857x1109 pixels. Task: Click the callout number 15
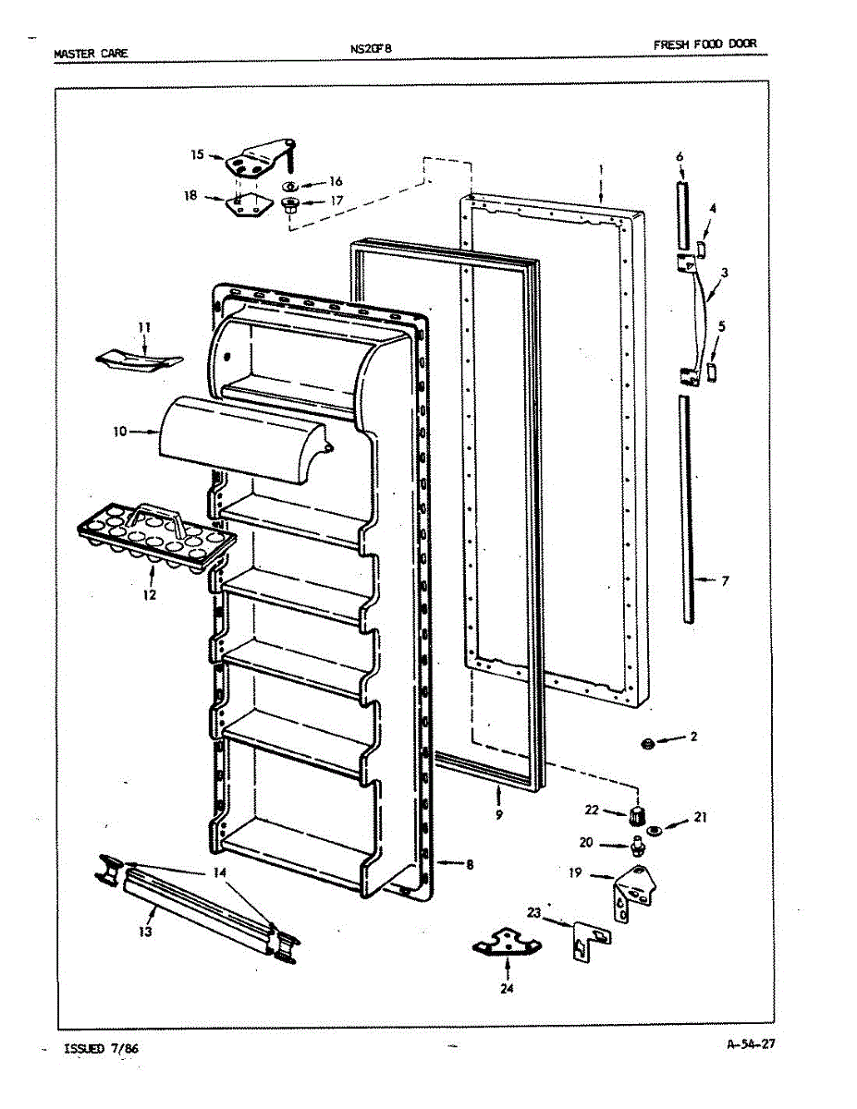(x=197, y=155)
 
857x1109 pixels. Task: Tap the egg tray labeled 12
(x=155, y=542)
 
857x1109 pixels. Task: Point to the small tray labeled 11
(x=137, y=360)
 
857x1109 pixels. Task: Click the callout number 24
(x=508, y=988)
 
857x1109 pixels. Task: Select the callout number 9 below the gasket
(x=499, y=816)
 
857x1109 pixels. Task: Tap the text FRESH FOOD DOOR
(x=709, y=45)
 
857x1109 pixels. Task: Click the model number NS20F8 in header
(x=372, y=51)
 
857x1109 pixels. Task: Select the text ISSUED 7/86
(x=102, y=1049)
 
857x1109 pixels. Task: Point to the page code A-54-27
(x=750, y=1045)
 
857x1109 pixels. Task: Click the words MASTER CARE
(x=91, y=54)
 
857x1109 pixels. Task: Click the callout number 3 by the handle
(x=725, y=273)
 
